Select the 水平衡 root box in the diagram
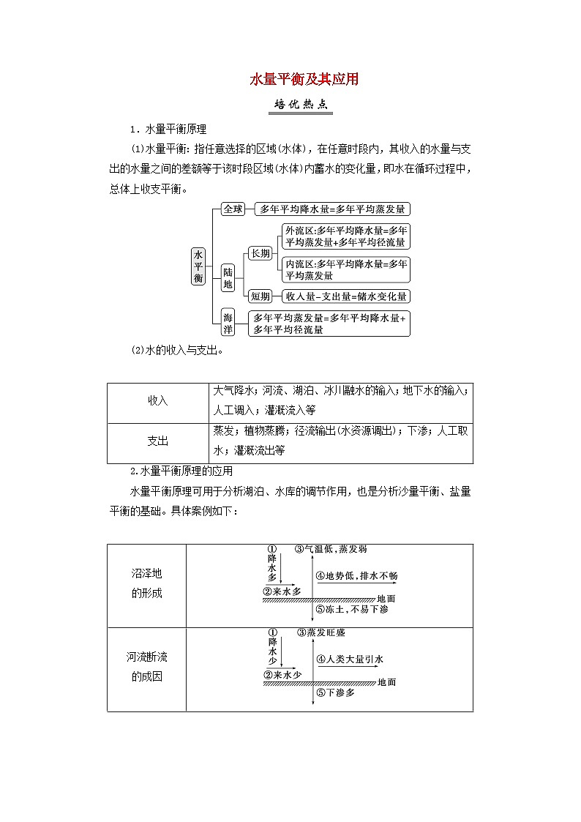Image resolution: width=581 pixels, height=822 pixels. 199,266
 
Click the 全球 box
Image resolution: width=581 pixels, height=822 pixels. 233,209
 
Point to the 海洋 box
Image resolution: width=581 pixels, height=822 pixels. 228,323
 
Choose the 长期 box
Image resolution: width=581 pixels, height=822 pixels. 260,253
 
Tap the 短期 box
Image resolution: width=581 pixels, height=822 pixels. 260,296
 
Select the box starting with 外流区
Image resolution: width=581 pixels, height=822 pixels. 347,236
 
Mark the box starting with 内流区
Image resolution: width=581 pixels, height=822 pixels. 347,269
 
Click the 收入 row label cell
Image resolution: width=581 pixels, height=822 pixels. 158,401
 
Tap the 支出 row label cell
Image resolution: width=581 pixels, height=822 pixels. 158,441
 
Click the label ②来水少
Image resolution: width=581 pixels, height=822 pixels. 282,675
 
